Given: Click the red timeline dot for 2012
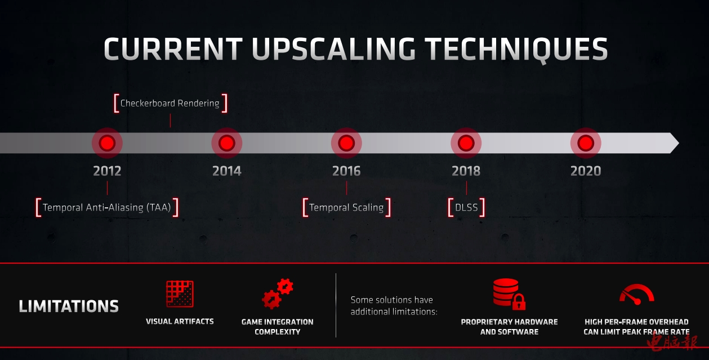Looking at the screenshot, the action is [107, 143].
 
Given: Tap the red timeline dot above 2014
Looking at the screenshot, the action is [226, 143].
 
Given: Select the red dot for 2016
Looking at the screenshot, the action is [346, 143].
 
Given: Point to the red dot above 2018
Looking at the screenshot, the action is [466, 143].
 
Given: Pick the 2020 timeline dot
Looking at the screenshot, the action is [586, 143].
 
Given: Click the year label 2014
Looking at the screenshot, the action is [226, 171].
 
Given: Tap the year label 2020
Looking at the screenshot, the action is [586, 171].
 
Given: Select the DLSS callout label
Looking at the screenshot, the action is [466, 207].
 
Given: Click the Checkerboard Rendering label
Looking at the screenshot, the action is [170, 103].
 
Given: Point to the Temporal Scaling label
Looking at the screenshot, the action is [346, 207].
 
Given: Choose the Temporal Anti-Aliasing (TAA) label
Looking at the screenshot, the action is [107, 207].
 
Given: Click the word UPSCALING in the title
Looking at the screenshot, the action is [333, 49].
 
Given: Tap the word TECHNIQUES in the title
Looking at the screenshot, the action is [516, 50].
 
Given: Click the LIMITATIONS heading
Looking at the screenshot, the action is [69, 306].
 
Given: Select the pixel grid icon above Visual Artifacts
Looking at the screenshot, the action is [180, 294].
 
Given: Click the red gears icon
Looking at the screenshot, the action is [277, 294].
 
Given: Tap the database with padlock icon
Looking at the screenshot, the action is [509, 294].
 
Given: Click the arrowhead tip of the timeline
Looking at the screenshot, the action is [679, 143].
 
